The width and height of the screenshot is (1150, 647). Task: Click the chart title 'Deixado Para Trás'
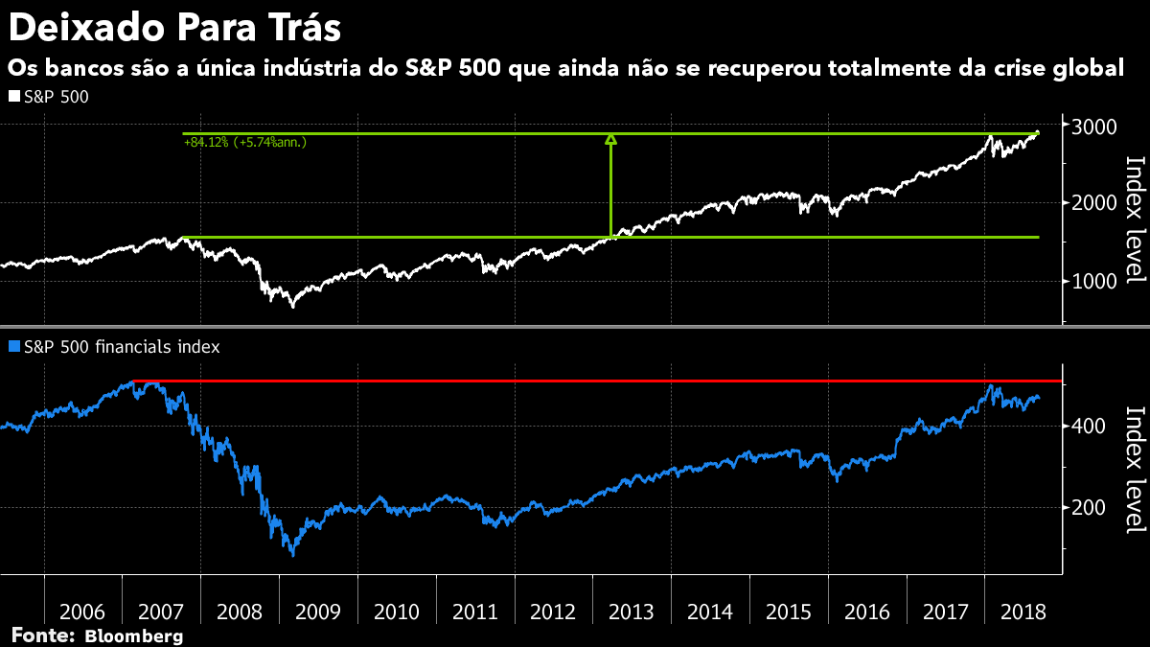174,28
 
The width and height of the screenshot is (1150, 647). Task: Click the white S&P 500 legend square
13,97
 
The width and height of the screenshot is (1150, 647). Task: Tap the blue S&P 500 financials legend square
13,347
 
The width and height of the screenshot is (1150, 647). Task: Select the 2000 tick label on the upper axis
1092,203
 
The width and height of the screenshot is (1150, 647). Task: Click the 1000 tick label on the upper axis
1092,281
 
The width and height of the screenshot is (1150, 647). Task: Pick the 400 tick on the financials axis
1088,426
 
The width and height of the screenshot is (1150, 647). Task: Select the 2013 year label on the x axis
632,612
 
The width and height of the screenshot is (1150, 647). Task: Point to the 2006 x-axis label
82,612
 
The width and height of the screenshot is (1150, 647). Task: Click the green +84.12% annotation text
245,143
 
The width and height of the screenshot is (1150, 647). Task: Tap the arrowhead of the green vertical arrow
610,140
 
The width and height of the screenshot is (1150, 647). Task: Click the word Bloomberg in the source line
134,635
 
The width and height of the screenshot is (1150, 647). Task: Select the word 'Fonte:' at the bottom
43,635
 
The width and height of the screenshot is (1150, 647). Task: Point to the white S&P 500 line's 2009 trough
292,305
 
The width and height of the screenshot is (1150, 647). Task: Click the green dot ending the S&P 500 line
1038,133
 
